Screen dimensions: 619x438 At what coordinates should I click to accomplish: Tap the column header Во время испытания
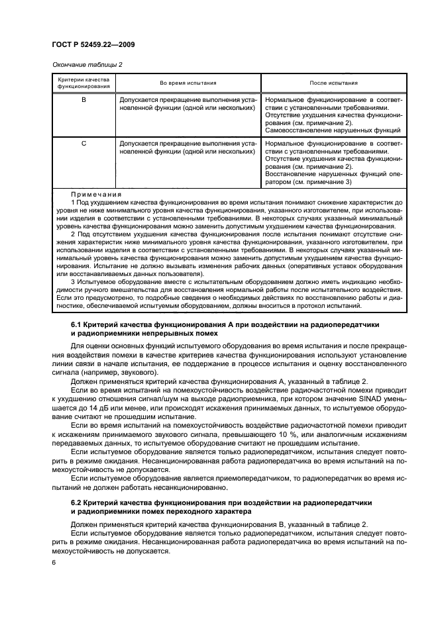188,83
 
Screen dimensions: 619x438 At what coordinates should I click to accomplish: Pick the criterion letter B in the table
83,99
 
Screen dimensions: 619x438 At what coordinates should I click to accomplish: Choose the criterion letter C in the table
83,142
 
